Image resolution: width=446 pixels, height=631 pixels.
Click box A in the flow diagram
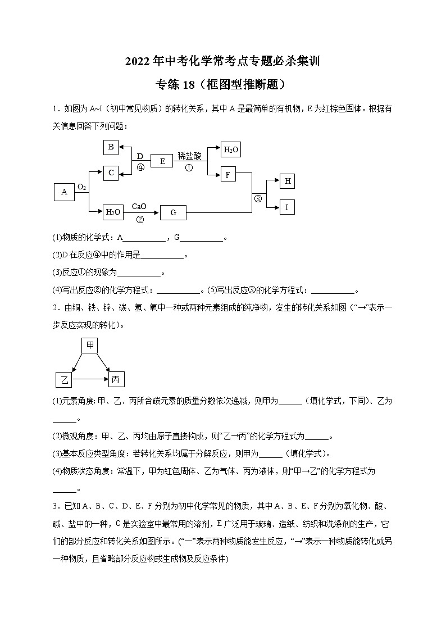click(x=64, y=192)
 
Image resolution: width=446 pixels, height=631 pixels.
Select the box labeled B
click(x=111, y=147)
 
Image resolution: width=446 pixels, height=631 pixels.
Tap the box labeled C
click(x=111, y=173)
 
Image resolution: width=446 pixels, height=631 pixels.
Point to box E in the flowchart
click(x=162, y=161)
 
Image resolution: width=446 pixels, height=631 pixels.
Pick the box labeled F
click(x=227, y=175)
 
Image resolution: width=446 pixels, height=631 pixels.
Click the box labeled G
click(x=173, y=212)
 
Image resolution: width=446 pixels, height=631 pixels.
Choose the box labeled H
click(x=287, y=181)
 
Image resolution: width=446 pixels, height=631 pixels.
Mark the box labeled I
click(x=287, y=207)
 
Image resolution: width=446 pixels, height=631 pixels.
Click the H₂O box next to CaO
click(x=113, y=212)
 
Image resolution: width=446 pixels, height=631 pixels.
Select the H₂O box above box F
click(x=231, y=149)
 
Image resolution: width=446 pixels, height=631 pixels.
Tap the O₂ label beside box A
click(x=81, y=187)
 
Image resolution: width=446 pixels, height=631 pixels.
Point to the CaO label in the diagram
click(x=139, y=207)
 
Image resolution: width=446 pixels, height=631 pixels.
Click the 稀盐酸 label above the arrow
click(x=189, y=156)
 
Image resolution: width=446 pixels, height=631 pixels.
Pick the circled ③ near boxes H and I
click(x=258, y=198)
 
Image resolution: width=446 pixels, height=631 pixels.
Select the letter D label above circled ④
click(x=140, y=156)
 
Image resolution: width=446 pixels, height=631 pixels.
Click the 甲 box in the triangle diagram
click(x=90, y=345)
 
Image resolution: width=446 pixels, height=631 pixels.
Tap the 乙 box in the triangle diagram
click(x=64, y=380)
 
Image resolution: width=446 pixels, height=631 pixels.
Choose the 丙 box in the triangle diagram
click(x=116, y=380)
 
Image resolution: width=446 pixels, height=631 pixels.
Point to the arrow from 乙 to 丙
click(x=90, y=380)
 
